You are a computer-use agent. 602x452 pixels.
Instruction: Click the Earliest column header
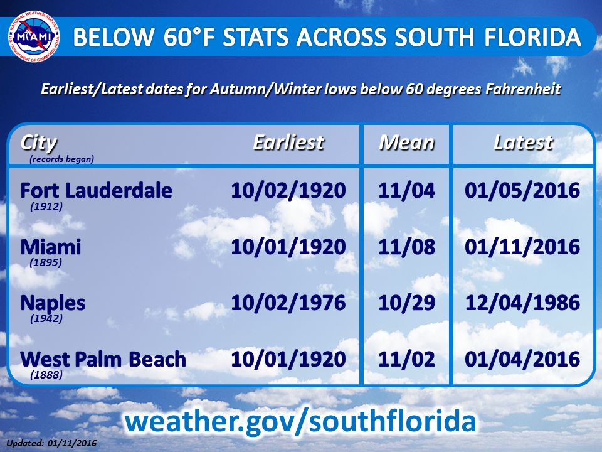[288, 143]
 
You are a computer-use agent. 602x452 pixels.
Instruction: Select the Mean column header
[406, 143]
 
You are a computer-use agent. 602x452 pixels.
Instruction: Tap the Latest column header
[523, 143]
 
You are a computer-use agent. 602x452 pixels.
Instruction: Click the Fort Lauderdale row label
[96, 191]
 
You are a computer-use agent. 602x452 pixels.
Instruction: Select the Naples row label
[53, 304]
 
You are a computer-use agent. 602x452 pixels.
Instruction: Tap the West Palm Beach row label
[103, 360]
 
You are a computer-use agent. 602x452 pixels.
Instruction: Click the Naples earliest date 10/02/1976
[288, 304]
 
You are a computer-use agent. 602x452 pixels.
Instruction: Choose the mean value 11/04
[406, 191]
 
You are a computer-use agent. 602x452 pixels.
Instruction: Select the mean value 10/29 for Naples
[406, 304]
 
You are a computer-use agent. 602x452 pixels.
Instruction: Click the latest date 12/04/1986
[523, 304]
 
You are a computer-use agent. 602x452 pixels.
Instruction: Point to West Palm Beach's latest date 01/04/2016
[523, 360]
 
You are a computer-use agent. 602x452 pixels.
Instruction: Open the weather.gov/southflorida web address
[300, 421]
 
